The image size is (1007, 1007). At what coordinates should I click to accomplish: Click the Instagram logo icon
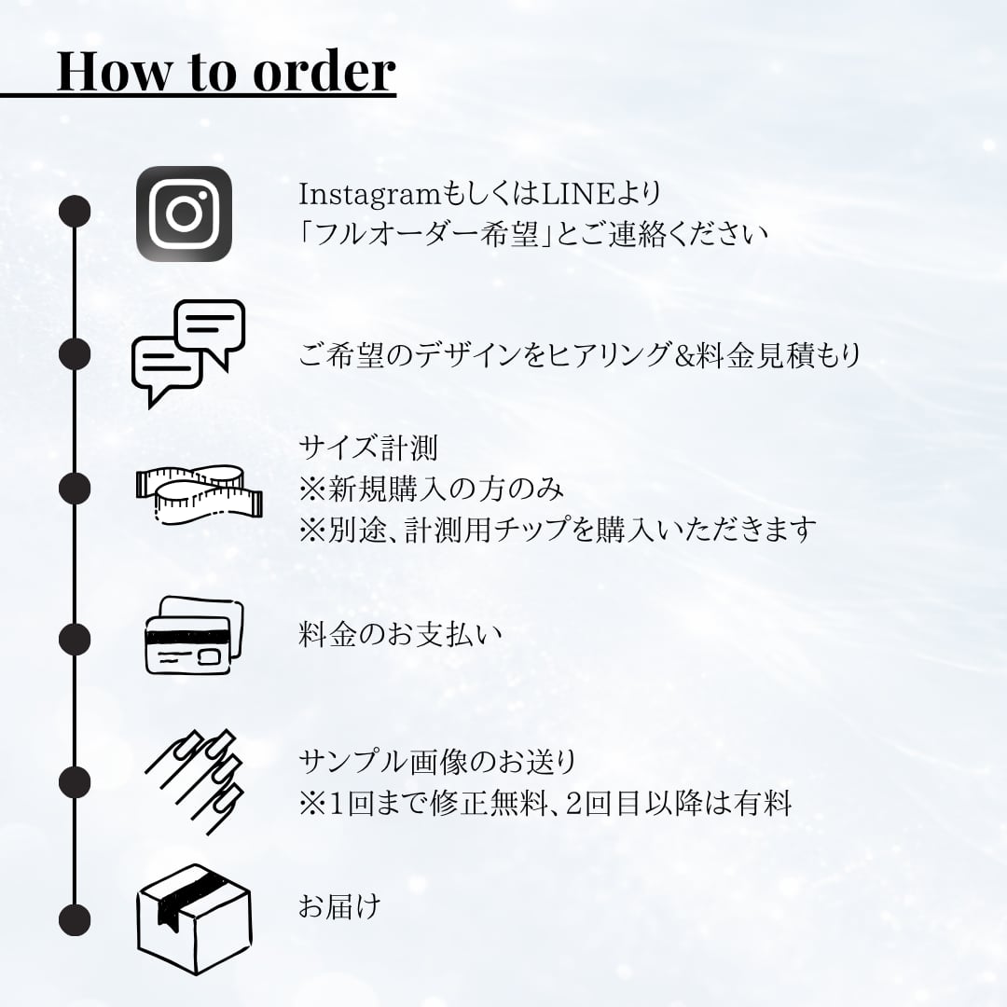[184, 214]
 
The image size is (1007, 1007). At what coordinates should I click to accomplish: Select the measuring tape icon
[199, 491]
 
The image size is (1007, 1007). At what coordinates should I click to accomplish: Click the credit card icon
[193, 637]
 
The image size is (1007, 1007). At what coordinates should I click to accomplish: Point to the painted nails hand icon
[196, 776]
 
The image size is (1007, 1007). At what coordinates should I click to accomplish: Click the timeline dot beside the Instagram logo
[75, 212]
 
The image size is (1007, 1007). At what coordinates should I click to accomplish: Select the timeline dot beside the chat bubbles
[75, 353]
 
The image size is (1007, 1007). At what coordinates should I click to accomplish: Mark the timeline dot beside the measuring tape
[75, 488]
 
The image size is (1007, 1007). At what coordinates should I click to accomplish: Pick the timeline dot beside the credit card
[75, 639]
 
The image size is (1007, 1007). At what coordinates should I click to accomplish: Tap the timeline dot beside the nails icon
[75, 781]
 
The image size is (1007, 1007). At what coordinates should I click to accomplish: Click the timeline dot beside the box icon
[75, 918]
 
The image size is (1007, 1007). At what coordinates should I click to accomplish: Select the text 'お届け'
[339, 906]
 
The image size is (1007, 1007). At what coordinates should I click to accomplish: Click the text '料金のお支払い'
[400, 635]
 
